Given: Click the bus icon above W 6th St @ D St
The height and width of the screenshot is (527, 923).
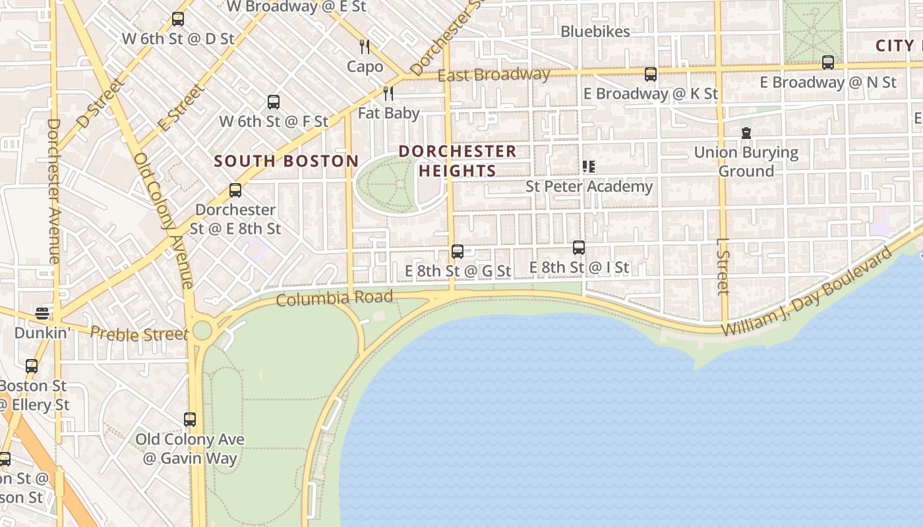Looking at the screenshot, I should point(177,19).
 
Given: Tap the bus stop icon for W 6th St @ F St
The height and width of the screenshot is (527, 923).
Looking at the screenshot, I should point(274,102).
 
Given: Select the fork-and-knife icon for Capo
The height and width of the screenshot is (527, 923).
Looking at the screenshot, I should point(365,47).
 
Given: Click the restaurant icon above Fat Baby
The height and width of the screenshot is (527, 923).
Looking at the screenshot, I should point(388,94).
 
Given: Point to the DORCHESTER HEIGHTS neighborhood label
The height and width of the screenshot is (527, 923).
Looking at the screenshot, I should point(458,161).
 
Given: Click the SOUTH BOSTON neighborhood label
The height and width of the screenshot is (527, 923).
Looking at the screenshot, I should point(286,161).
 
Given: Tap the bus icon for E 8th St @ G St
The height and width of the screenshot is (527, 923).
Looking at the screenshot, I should point(458,251).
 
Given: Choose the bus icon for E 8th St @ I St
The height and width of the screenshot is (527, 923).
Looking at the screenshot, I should point(579,248).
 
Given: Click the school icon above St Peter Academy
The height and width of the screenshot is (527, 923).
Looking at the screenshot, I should point(589,167).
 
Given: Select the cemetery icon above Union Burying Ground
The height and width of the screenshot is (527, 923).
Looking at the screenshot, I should point(746,133).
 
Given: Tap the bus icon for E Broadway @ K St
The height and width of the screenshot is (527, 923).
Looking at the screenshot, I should point(651,74).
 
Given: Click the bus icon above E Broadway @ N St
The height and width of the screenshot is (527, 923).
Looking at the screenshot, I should point(828,63).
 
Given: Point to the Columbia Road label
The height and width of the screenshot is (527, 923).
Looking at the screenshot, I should point(334,298).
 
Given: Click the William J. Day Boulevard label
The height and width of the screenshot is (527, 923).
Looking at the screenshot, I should point(808,292).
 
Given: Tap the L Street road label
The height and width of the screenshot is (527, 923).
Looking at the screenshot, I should point(723,266).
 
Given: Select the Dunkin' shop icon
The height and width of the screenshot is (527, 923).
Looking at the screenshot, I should point(42,313).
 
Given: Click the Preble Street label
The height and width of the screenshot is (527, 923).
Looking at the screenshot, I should point(139,334).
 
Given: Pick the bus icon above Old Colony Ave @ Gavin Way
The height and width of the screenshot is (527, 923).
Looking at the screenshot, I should point(190,419).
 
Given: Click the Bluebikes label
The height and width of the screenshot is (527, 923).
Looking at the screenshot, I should point(595,31).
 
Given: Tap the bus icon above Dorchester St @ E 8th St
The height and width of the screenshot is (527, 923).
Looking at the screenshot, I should point(235,190).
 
